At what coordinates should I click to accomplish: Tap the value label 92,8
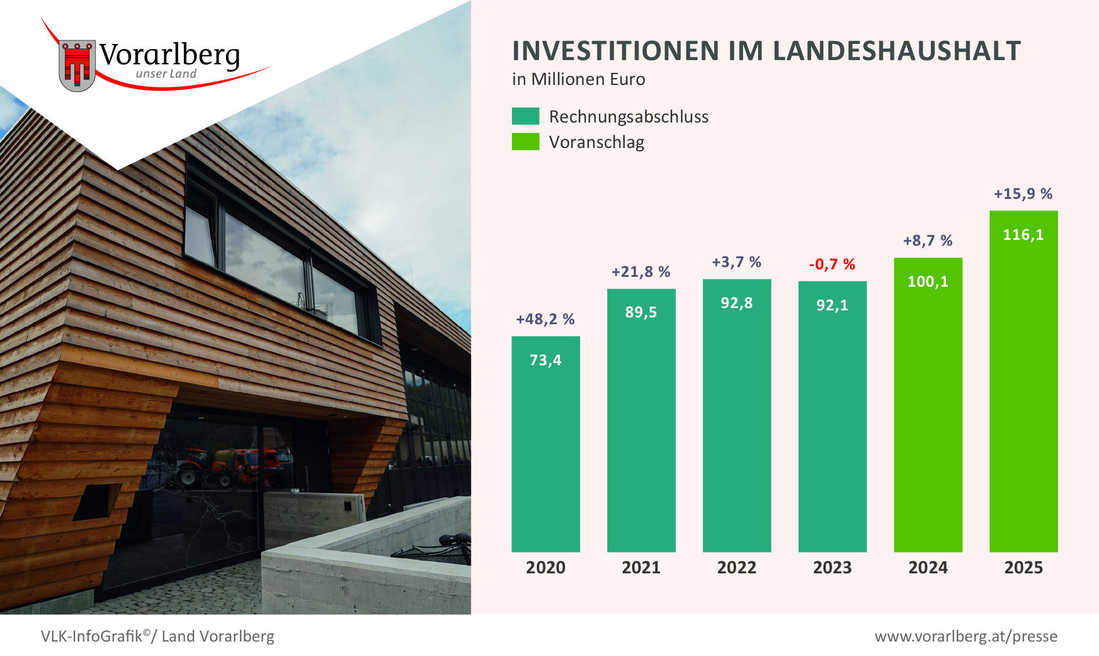click(x=737, y=303)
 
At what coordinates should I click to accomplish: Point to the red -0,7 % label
click(x=832, y=265)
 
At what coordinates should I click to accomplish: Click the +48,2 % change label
click(x=545, y=320)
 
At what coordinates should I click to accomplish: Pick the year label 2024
click(x=928, y=568)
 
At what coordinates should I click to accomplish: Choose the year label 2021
click(x=641, y=568)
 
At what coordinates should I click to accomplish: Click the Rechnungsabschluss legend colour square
click(x=525, y=116)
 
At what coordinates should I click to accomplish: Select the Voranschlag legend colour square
click(x=525, y=142)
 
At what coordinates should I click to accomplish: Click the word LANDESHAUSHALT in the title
click(x=896, y=51)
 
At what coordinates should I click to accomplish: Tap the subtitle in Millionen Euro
click(x=578, y=79)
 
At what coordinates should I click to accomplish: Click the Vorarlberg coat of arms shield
click(x=77, y=65)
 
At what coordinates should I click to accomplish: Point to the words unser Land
click(x=166, y=74)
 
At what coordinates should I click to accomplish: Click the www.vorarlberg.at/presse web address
click(x=966, y=636)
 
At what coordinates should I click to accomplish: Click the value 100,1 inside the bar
click(x=928, y=282)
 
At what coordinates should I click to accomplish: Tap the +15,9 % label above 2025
click(x=1023, y=194)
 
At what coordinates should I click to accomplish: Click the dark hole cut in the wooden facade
click(x=94, y=502)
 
